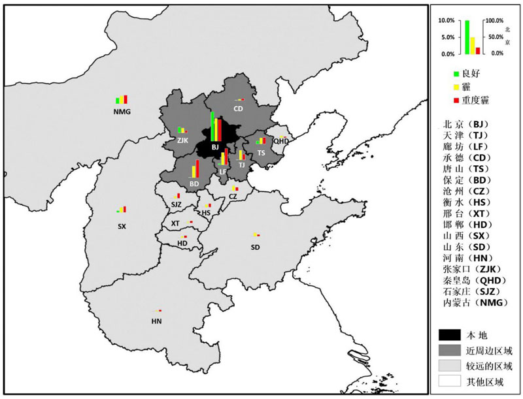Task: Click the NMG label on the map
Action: click(x=122, y=112)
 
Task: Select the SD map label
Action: click(x=254, y=247)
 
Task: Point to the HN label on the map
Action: click(x=156, y=321)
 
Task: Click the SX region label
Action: click(x=122, y=227)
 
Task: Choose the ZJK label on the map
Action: click(x=182, y=140)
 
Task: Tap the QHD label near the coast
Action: click(x=280, y=141)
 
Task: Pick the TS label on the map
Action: click(x=261, y=153)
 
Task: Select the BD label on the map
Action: click(x=194, y=184)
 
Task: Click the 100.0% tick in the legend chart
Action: click(x=493, y=21)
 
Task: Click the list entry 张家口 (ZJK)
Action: click(x=475, y=269)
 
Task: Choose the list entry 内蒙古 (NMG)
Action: click(x=475, y=302)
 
